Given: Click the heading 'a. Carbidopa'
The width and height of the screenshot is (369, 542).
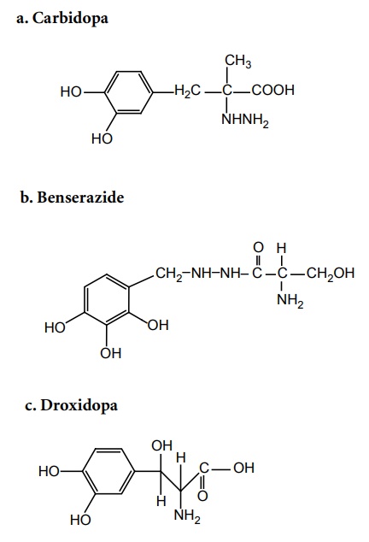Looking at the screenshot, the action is tap(62, 19).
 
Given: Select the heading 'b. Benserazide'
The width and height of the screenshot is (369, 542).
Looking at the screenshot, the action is tap(72, 197).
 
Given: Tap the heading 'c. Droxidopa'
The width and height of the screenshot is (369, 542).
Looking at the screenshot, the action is tap(71, 405).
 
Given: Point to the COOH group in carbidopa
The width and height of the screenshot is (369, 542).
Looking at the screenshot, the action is tap(273, 91).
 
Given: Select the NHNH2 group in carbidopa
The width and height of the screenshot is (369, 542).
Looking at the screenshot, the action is tap(244, 121).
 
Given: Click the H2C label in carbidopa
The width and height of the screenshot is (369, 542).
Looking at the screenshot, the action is tap(187, 91).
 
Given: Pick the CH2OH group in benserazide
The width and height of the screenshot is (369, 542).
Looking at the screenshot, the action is tap(331, 274).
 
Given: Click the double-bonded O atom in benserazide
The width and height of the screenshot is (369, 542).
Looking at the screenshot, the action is tap(258, 247).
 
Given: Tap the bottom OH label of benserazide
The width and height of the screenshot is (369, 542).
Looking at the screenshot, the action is tap(111, 353).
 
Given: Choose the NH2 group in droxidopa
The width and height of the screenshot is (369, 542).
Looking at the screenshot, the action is tap(187, 516).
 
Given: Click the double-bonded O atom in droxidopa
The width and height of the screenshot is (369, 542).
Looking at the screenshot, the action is tap(202, 496).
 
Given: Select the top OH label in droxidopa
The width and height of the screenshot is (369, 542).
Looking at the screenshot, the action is tap(161, 445).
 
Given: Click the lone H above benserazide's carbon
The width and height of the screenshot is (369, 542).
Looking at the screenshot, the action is tap(282, 248).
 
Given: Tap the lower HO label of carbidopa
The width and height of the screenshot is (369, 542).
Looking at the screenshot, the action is tap(102, 138).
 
